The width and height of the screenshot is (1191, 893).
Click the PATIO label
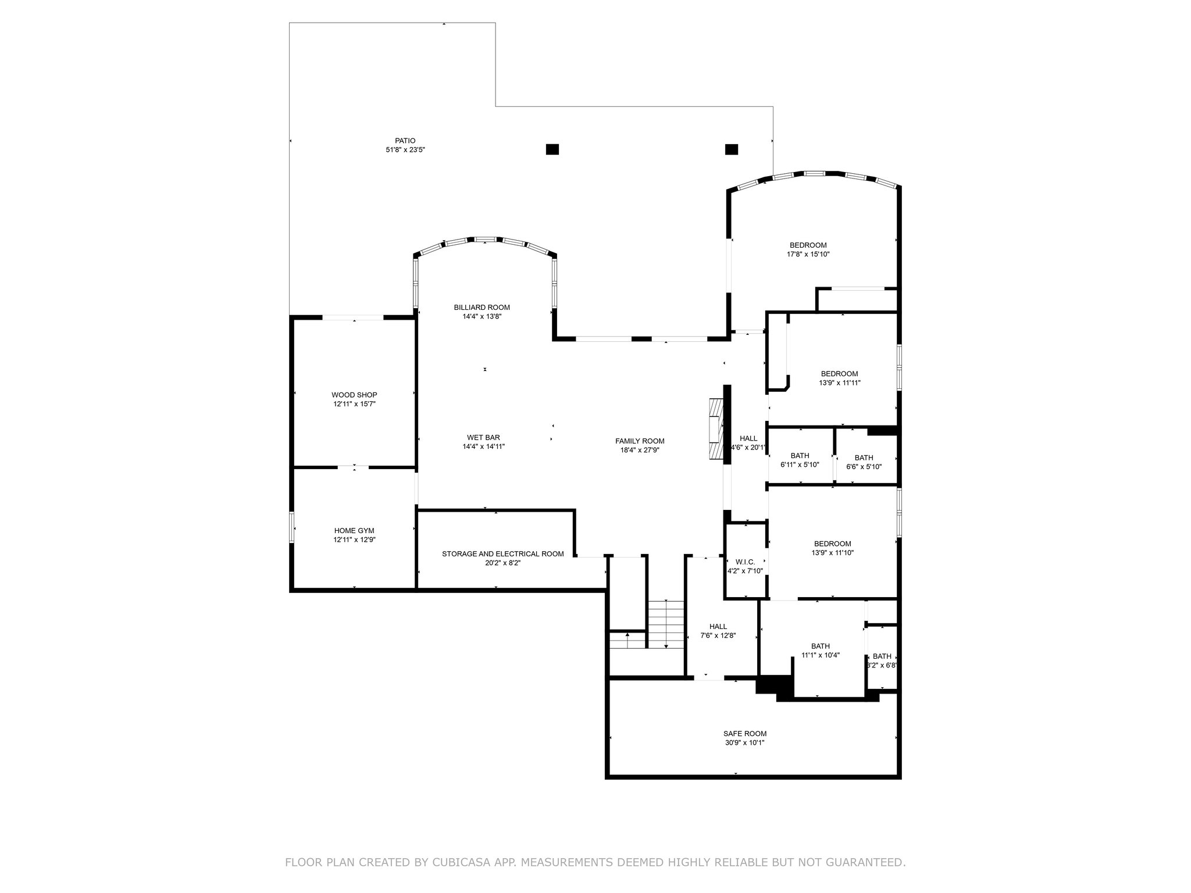pyautogui.click(x=405, y=141)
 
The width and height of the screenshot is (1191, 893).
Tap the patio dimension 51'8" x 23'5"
pyautogui.click(x=405, y=150)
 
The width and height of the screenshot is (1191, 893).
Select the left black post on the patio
pyautogui.click(x=552, y=149)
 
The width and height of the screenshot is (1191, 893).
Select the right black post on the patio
pyautogui.click(x=732, y=149)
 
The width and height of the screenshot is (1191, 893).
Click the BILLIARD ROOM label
pyautogui.click(x=482, y=308)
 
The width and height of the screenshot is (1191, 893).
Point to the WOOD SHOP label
pyautogui.click(x=355, y=395)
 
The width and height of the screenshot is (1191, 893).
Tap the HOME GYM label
pyautogui.click(x=354, y=531)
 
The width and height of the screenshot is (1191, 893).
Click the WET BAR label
pyautogui.click(x=483, y=438)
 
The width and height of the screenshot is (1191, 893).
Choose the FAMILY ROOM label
pyautogui.click(x=640, y=441)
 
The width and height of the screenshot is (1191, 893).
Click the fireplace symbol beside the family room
pyautogui.click(x=715, y=430)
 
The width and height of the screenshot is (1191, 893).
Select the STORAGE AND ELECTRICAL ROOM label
pyautogui.click(x=503, y=554)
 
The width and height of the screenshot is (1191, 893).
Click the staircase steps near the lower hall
pyautogui.click(x=666, y=624)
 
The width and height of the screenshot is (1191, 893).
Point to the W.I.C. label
pyautogui.click(x=745, y=562)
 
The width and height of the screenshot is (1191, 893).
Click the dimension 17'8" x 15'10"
pyautogui.click(x=808, y=255)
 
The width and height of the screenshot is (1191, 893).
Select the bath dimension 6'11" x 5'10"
pyautogui.click(x=800, y=465)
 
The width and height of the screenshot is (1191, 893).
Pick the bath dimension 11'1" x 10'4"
pyautogui.click(x=821, y=655)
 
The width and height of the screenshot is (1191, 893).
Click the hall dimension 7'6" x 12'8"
pyautogui.click(x=718, y=635)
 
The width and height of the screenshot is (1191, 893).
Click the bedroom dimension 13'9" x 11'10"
pyautogui.click(x=833, y=553)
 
